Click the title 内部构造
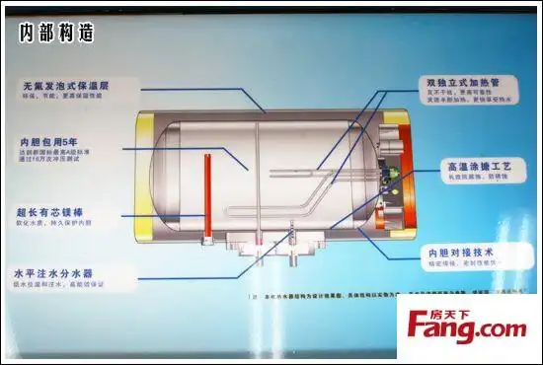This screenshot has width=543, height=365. tap(55, 33)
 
